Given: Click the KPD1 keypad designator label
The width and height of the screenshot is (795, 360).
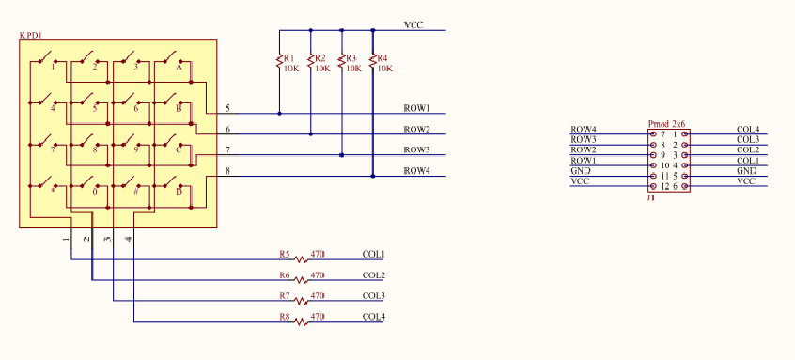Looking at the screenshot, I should (31, 35).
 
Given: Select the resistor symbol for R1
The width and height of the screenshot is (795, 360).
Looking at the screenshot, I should (279, 62).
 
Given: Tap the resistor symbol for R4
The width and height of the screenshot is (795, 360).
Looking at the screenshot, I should (373, 62).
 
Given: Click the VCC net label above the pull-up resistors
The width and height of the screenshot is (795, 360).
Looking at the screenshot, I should (414, 25).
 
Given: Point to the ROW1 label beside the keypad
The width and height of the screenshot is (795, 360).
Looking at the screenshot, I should (417, 109).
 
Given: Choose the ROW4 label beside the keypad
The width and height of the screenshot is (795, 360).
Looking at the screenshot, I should (417, 171).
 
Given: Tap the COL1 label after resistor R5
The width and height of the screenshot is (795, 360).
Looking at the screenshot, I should (374, 255).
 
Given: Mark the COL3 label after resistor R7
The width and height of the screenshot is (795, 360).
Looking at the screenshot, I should (374, 296).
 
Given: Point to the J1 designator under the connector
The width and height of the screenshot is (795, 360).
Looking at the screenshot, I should (650, 198).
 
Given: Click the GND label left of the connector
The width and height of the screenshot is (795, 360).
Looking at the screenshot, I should (581, 171).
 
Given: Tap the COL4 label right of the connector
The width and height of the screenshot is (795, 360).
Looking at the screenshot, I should (748, 130).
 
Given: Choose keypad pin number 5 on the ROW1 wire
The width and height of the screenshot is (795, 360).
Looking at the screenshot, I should (227, 109).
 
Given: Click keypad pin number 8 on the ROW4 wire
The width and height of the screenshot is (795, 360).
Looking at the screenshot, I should (227, 171).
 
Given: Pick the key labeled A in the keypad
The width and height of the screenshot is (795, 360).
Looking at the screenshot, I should (179, 67).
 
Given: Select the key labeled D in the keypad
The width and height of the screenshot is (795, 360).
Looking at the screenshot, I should (179, 191).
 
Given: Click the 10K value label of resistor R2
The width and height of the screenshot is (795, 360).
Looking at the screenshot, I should (322, 69).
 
